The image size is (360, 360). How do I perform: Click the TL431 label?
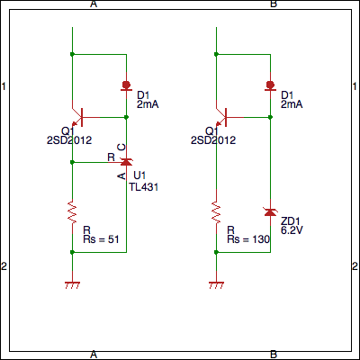144,187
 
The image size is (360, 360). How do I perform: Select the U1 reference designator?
139,175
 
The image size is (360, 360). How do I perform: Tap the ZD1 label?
291,221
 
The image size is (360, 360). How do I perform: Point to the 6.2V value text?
292,230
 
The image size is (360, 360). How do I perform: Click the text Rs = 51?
101,239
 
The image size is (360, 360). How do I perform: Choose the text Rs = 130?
248,239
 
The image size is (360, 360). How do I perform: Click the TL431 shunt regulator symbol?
126,162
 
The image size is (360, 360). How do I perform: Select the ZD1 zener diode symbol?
270,211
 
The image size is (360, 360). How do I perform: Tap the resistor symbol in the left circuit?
72,212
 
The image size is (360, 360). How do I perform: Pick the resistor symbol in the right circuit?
216,212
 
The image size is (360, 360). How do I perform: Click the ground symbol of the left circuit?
72,285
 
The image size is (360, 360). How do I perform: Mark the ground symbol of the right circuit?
216,285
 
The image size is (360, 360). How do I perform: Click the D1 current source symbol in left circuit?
126,85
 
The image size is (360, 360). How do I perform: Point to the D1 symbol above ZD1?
270,85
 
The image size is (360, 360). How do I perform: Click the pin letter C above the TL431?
121,147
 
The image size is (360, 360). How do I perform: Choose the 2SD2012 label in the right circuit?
213,140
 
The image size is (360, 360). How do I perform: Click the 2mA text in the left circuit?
148,104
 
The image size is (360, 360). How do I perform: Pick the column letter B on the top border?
274,4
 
